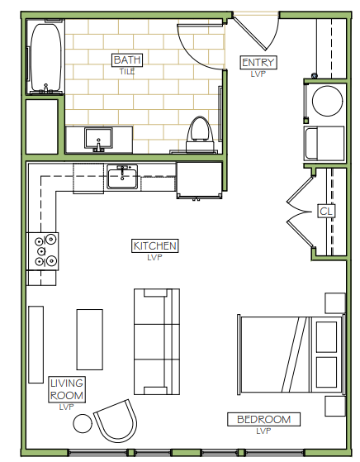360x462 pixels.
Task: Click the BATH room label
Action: coord(127,60)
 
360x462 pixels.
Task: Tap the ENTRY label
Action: coord(258,63)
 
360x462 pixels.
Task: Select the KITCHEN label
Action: coord(155,245)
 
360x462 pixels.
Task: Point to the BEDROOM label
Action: coord(263,419)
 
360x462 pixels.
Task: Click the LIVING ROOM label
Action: coord(67,389)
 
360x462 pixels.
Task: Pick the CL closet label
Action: coord(326,211)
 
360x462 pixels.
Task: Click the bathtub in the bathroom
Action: coord(46,58)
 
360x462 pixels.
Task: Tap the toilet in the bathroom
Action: coord(200,134)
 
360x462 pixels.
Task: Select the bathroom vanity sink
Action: coord(98,139)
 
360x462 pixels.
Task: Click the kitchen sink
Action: coord(122,177)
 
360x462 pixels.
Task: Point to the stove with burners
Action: coord(43,251)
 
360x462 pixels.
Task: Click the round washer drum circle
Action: coord(327,101)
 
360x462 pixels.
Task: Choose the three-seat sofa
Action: coord(157,342)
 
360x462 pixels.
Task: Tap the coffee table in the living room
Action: coord(90,340)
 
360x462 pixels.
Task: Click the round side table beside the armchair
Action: coord(83,423)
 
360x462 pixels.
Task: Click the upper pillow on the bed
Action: coord(326,336)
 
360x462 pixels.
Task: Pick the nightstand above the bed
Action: coord(335,302)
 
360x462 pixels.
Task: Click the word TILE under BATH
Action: coord(127,71)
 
